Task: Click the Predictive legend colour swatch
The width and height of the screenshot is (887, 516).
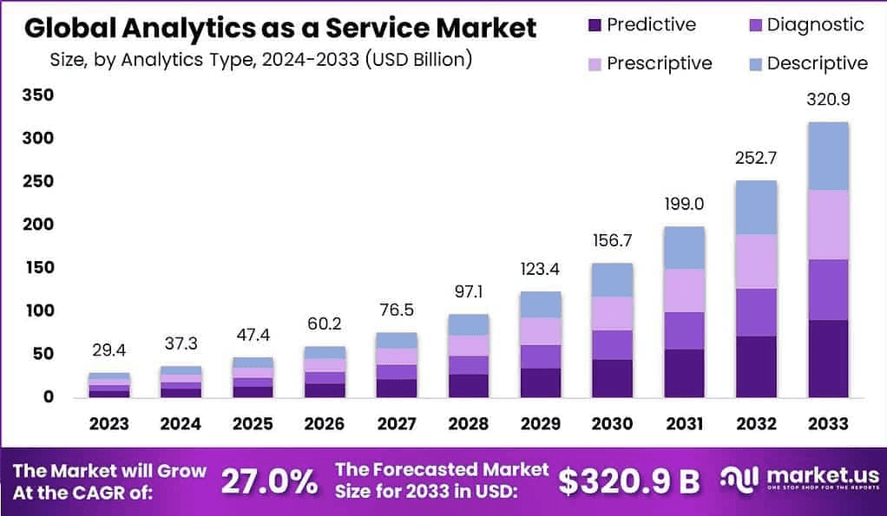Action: [x=595, y=25]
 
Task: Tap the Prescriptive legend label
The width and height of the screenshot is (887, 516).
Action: [x=659, y=63]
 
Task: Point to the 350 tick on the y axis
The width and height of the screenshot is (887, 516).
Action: [x=39, y=95]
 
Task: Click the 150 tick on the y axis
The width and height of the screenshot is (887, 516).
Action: [x=39, y=267]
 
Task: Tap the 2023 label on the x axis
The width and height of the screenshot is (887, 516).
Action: [x=109, y=424]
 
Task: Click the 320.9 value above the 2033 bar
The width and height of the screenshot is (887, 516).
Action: [x=828, y=100]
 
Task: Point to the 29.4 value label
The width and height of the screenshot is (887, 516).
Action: [x=109, y=350]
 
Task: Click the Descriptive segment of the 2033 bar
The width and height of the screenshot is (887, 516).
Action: [x=828, y=156]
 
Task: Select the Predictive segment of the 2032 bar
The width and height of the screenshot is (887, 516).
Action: [x=756, y=366]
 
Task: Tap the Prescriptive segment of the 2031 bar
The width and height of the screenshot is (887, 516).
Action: [x=684, y=291]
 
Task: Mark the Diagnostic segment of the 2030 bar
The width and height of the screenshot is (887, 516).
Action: [x=611, y=344]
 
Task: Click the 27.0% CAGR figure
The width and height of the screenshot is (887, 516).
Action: [x=269, y=481]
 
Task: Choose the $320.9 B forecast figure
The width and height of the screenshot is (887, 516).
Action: [x=629, y=481]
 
